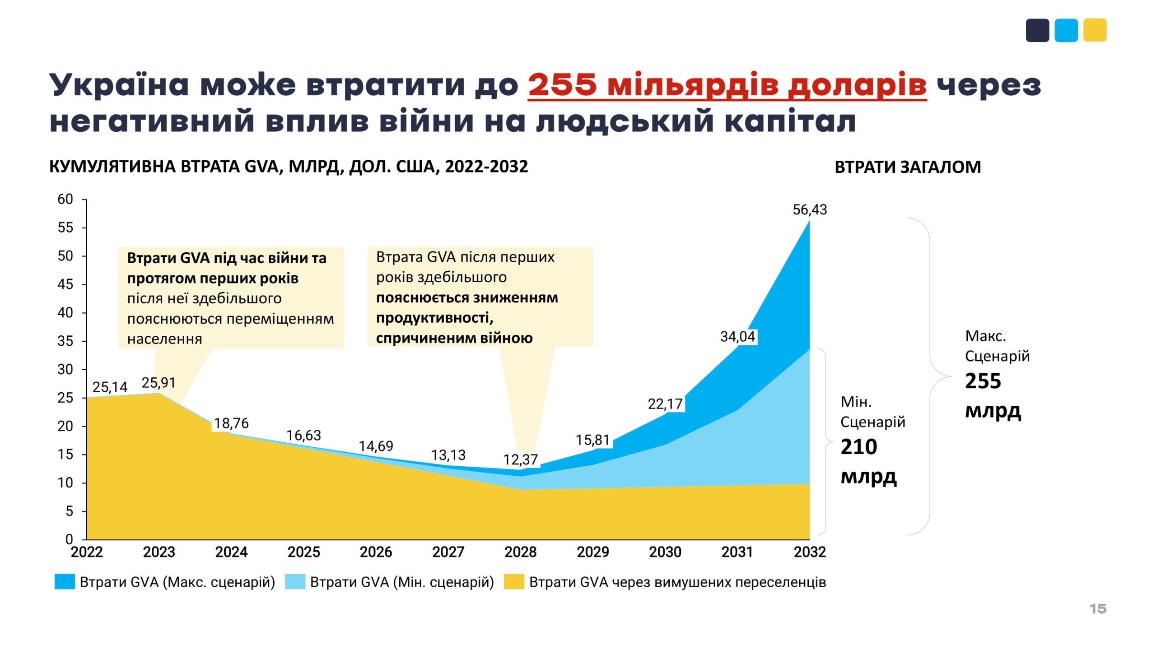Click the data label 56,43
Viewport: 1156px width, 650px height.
[x=809, y=209]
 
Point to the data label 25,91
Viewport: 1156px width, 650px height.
[x=158, y=383]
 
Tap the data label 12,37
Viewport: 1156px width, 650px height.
[x=520, y=460]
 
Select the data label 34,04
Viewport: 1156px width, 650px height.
[x=737, y=336]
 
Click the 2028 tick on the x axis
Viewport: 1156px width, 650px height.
[x=520, y=552]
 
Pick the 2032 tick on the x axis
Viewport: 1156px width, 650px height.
[x=809, y=552]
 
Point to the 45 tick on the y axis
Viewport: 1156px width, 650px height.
[x=65, y=284]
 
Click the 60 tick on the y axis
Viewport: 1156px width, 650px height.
[x=65, y=199]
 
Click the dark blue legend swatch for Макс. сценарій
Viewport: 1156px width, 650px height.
[x=65, y=582]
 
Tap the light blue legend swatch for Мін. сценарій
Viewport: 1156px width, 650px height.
[x=295, y=582]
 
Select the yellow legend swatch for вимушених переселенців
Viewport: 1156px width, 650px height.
[x=514, y=582]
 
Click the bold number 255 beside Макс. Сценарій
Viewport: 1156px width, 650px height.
[x=983, y=381]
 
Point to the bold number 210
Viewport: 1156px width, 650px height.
[x=858, y=447]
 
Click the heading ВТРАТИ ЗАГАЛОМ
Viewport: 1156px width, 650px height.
[x=908, y=167]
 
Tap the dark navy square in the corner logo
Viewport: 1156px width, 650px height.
[x=1037, y=30]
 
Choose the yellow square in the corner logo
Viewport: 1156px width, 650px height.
[x=1095, y=30]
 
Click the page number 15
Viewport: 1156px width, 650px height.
[x=1098, y=608]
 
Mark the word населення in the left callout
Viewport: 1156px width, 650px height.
[x=164, y=339]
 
